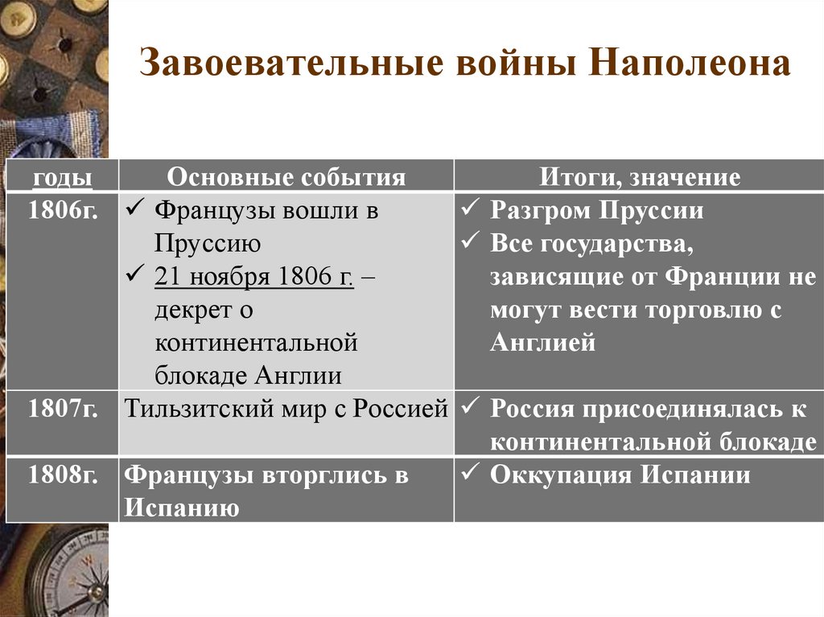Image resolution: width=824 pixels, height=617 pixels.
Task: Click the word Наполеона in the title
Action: [x=690, y=65]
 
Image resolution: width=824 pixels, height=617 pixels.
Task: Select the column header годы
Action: [x=61, y=177]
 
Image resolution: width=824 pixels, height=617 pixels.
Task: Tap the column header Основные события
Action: [x=286, y=177]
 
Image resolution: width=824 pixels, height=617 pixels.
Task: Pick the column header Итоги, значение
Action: [x=640, y=177]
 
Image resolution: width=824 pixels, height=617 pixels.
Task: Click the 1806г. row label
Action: [x=62, y=211]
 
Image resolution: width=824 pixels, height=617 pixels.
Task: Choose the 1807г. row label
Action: [x=62, y=409]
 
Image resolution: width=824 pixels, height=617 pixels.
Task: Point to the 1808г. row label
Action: [x=62, y=475]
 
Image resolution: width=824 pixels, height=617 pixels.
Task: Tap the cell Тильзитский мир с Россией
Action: [x=286, y=409]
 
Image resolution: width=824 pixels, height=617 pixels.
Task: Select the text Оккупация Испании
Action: [x=620, y=475]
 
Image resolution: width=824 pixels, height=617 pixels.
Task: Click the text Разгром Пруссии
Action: [x=597, y=211]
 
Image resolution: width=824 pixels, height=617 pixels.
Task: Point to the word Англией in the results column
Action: [x=542, y=343]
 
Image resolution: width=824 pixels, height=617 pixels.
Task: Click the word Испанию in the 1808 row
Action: [x=182, y=508]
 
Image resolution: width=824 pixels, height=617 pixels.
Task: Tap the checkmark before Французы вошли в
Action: [x=134, y=211]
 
